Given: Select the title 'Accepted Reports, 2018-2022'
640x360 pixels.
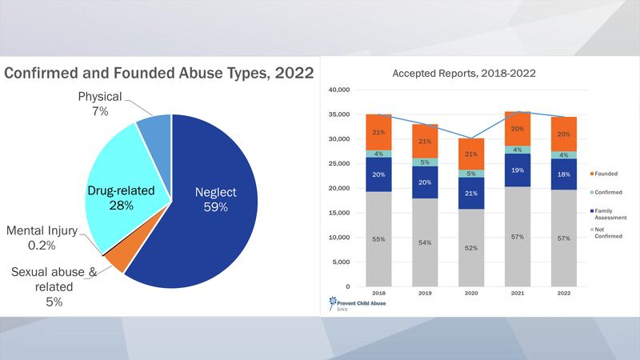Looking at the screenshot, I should [x=464, y=73].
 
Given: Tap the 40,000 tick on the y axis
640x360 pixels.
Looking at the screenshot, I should [x=340, y=90].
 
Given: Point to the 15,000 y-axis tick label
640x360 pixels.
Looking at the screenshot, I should [x=340, y=213].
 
